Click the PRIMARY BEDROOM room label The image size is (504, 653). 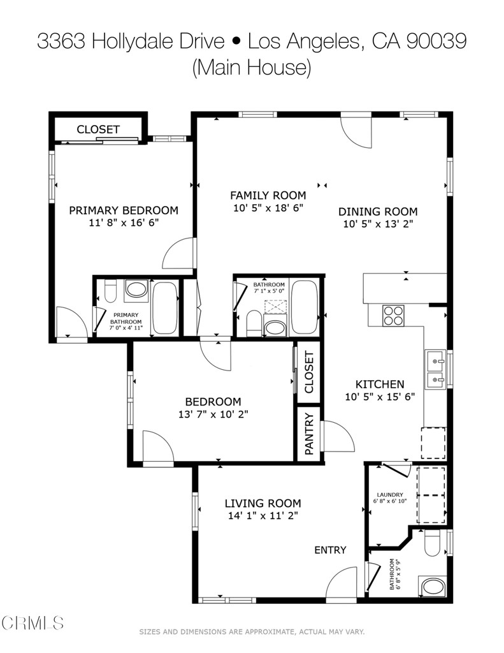pyautogui.click(x=123, y=210)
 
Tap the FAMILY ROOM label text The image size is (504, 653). pyautogui.click(x=268, y=195)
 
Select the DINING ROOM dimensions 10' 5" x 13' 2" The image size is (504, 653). pyautogui.click(x=378, y=224)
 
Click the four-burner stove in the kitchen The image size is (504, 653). pyautogui.click(x=393, y=315)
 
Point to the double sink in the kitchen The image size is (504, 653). pyautogui.click(x=436, y=369)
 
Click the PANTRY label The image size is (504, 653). pyautogui.click(x=309, y=434)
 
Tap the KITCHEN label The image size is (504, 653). pyautogui.click(x=379, y=384)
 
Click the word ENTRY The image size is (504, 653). pyautogui.click(x=330, y=550)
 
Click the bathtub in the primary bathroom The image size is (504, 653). pyautogui.click(x=165, y=308)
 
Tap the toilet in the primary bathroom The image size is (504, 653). pyautogui.click(x=109, y=292)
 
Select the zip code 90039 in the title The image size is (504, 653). pyautogui.click(x=436, y=41)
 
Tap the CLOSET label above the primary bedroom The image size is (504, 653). pyautogui.click(x=98, y=129)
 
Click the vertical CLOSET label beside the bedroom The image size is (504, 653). pyautogui.click(x=309, y=374)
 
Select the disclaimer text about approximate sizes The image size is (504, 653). pyautogui.click(x=252, y=632)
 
